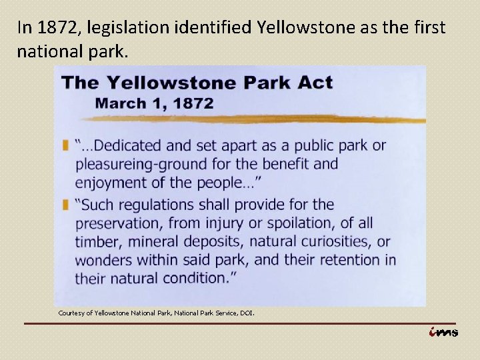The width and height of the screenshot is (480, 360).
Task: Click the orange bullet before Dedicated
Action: tap(65, 145)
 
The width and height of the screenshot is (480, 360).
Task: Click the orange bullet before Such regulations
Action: tap(65, 205)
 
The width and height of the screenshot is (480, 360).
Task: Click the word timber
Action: tap(96, 241)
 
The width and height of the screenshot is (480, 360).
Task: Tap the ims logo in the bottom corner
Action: tap(443, 332)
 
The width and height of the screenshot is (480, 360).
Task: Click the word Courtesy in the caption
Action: tap(71, 313)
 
